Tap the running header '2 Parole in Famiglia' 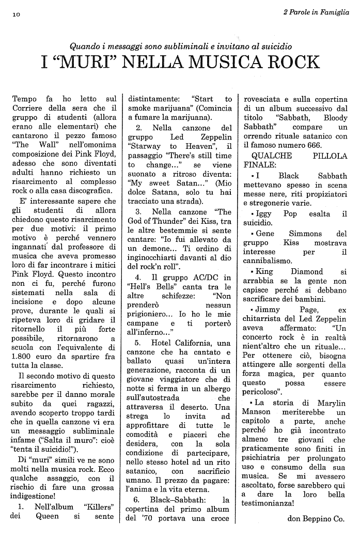click(316, 12)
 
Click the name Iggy click(262, 213)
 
